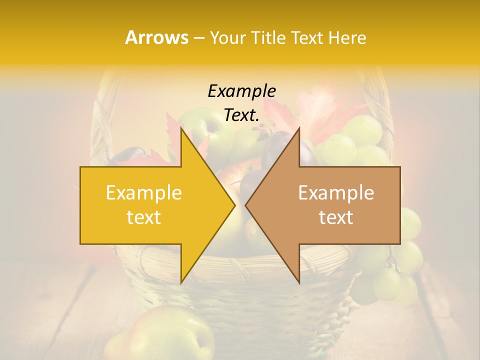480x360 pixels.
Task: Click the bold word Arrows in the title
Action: pyautogui.click(x=157, y=37)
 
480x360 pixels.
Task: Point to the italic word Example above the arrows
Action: pyautogui.click(x=241, y=91)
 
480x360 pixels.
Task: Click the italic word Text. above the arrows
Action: pyautogui.click(x=241, y=115)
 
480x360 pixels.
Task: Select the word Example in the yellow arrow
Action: pyautogui.click(x=144, y=192)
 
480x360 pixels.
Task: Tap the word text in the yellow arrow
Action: pyautogui.click(x=144, y=217)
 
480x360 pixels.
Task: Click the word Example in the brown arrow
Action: pyautogui.click(x=336, y=192)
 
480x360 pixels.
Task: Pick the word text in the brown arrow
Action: pyautogui.click(x=336, y=217)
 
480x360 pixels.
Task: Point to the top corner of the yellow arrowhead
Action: pyautogui.click(x=181, y=128)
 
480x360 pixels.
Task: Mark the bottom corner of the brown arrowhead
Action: pyautogui.click(x=299, y=282)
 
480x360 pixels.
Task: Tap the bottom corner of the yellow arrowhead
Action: pyautogui.click(x=181, y=283)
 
